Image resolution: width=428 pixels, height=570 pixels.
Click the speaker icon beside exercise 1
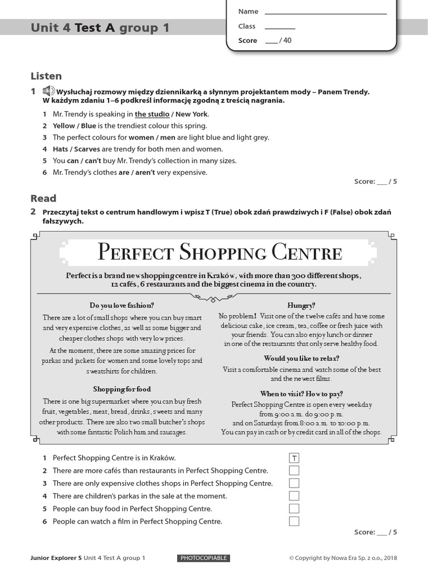tap(48, 91)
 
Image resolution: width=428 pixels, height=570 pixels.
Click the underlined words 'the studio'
tap(152, 114)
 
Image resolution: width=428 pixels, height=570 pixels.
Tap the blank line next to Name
tap(325, 12)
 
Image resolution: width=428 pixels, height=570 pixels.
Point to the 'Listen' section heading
tap(46, 76)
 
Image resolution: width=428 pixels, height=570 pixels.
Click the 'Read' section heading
tap(43, 198)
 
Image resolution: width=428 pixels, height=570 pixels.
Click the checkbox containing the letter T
tap(294, 458)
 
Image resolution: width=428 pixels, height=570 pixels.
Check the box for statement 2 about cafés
tap(294, 471)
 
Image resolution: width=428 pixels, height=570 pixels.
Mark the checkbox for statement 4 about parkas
tap(294, 496)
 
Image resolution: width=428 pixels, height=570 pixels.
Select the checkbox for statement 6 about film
tap(294, 522)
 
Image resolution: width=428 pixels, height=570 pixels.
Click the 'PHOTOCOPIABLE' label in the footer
tap(204, 558)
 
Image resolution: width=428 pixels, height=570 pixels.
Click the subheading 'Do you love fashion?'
tap(121, 305)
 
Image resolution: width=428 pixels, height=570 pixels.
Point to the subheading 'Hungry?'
tap(301, 305)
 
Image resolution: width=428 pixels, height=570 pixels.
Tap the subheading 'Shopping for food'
tap(121, 389)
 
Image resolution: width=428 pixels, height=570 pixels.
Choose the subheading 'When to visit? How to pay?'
tap(301, 394)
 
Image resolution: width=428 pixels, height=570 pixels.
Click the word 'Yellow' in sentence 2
tap(64, 126)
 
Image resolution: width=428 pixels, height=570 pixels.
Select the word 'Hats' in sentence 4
tap(61, 149)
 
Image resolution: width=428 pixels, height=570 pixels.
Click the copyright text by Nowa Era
tap(343, 558)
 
